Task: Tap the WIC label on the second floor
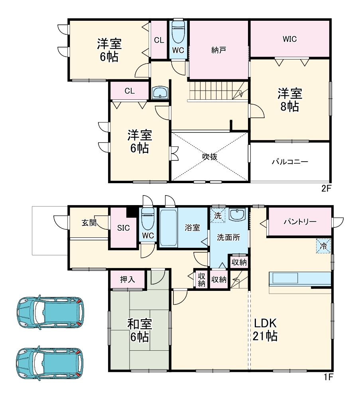[290, 39]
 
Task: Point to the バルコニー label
[290, 162]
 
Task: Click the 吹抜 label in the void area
[210, 157]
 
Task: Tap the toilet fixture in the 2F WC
[178, 32]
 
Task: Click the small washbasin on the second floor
[161, 93]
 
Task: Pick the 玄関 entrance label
[89, 223]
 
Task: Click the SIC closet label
[124, 228]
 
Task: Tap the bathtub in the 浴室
[168, 227]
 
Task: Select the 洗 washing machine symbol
[218, 215]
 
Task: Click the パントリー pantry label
[300, 221]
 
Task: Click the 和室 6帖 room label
[139, 330]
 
